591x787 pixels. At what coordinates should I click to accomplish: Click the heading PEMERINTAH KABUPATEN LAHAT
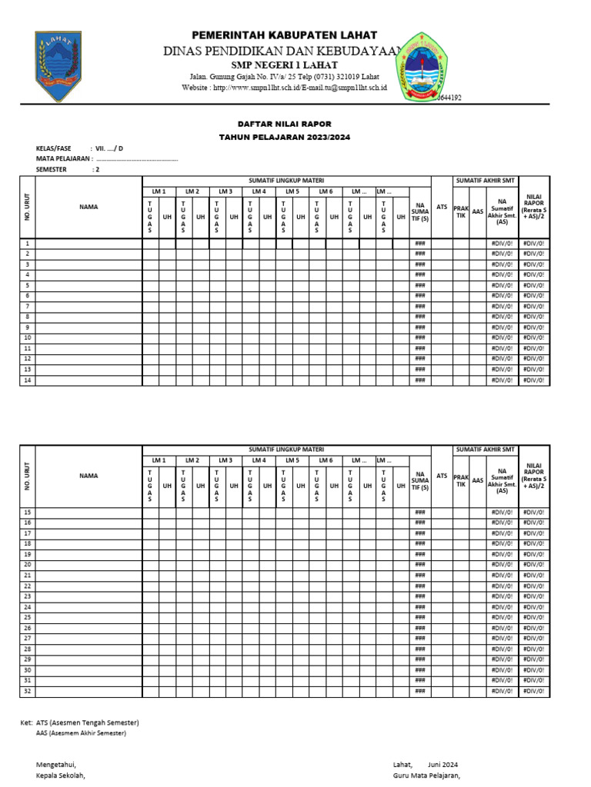pos(284,35)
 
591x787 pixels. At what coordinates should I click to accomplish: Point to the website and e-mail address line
pos(284,88)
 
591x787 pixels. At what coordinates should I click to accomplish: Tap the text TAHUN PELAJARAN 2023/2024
pos(285,136)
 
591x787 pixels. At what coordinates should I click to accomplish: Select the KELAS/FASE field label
pos(53,148)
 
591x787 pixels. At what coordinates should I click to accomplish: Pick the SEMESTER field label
pos(51,170)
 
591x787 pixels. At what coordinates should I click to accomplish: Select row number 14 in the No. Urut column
pos(27,380)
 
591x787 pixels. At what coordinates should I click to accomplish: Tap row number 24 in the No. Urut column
pos(27,607)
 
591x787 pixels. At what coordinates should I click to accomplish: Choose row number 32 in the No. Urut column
pos(27,691)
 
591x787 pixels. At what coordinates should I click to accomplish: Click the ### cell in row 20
pos(419,565)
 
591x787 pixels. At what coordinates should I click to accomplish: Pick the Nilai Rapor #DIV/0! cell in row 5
pos(534,285)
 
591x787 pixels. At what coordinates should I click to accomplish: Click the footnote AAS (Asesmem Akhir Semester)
pos(81,733)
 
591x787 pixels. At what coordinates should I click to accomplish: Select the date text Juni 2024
pos(442,765)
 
